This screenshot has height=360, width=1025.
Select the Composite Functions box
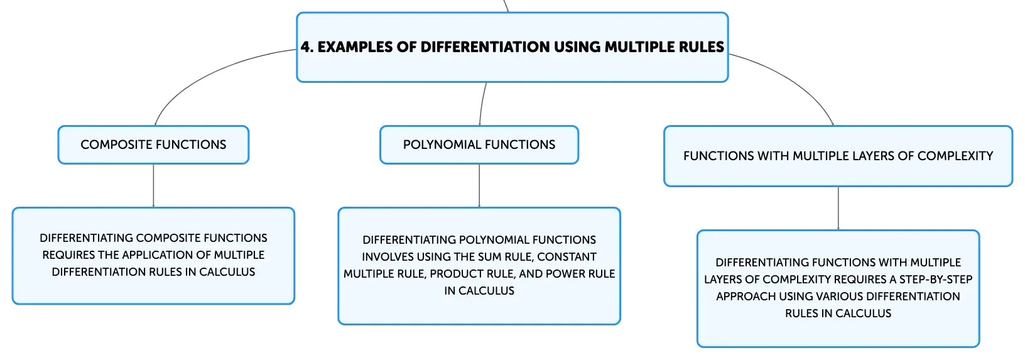pos(153,145)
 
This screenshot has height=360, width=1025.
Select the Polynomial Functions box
pos(479,145)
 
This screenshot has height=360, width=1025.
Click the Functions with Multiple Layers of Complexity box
pos(838,156)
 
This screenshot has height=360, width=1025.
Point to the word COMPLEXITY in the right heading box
pos(955,156)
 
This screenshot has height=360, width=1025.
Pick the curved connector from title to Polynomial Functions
pos(482,104)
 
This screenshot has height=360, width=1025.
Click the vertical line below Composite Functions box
pos(153,185)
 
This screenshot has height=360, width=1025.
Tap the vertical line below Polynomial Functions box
pos(479,185)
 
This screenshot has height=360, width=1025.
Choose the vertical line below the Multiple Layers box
pos(838,209)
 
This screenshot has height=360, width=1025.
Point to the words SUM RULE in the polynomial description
pos(506,257)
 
